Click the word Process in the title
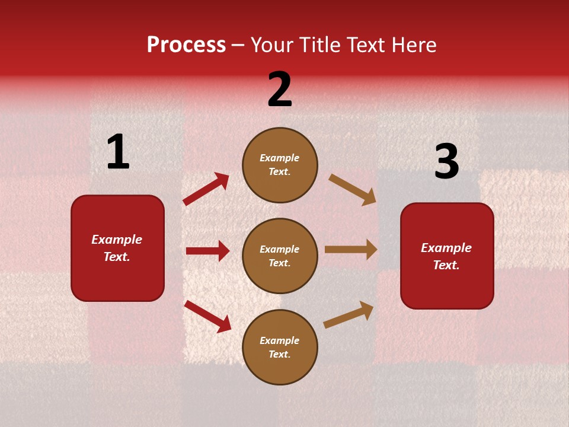coord(186,45)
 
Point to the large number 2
coord(280,90)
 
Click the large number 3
coord(446,162)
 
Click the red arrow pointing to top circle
coord(206,189)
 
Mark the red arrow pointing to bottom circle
coord(207,316)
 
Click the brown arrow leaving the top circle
coord(353,189)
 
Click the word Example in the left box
coord(117,240)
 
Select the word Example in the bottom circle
coord(279,340)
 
